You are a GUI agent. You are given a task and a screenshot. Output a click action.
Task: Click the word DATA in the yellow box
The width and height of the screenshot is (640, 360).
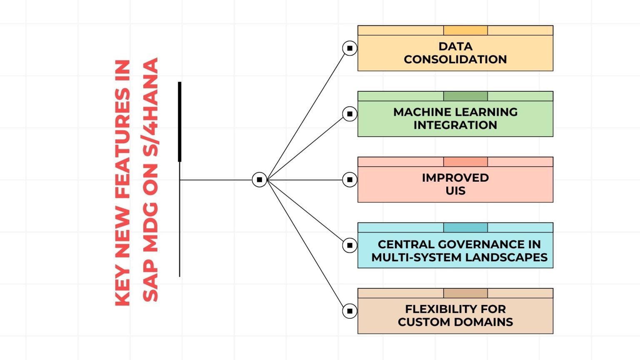click(x=455, y=46)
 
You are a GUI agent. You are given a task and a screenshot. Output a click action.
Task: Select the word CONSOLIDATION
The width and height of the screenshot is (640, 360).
click(x=455, y=59)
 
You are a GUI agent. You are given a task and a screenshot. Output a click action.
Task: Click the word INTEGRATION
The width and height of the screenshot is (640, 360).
click(x=455, y=125)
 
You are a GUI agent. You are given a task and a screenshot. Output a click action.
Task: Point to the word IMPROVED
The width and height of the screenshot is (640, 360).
click(x=455, y=178)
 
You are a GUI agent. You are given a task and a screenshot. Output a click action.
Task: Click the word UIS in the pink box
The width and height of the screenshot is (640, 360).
click(x=455, y=191)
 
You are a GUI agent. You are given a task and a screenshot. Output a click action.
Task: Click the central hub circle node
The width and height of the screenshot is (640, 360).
click(x=259, y=180)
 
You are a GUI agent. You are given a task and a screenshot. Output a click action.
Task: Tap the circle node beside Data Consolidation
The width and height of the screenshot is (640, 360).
click(x=350, y=48)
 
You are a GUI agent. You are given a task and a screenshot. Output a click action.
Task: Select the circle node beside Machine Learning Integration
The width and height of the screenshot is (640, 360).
click(x=350, y=114)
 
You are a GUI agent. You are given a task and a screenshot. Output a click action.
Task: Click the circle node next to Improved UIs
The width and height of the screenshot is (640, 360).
click(x=350, y=180)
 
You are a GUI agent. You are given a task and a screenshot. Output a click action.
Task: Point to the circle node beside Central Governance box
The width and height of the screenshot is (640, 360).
click(x=350, y=245)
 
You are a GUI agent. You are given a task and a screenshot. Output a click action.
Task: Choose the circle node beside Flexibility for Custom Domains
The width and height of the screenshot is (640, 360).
click(x=350, y=311)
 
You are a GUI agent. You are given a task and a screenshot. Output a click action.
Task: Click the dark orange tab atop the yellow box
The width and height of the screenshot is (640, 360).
click(x=465, y=30)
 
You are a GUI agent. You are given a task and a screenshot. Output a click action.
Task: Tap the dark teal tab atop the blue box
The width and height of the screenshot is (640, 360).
click(x=465, y=227)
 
